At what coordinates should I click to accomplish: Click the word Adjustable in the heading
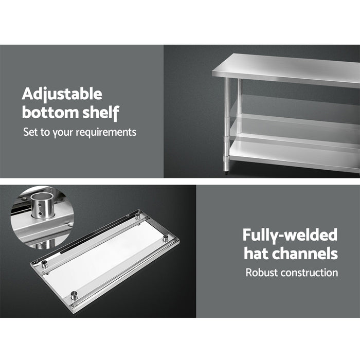point(62,94)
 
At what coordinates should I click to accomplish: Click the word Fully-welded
point(290,235)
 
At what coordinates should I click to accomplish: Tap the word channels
point(307,254)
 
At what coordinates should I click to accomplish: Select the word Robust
point(261,272)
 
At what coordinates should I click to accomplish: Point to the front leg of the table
point(226,123)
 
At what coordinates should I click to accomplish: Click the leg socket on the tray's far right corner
point(166,239)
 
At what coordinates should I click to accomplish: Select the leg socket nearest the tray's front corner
point(74,295)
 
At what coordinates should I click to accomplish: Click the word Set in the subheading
point(29,132)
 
